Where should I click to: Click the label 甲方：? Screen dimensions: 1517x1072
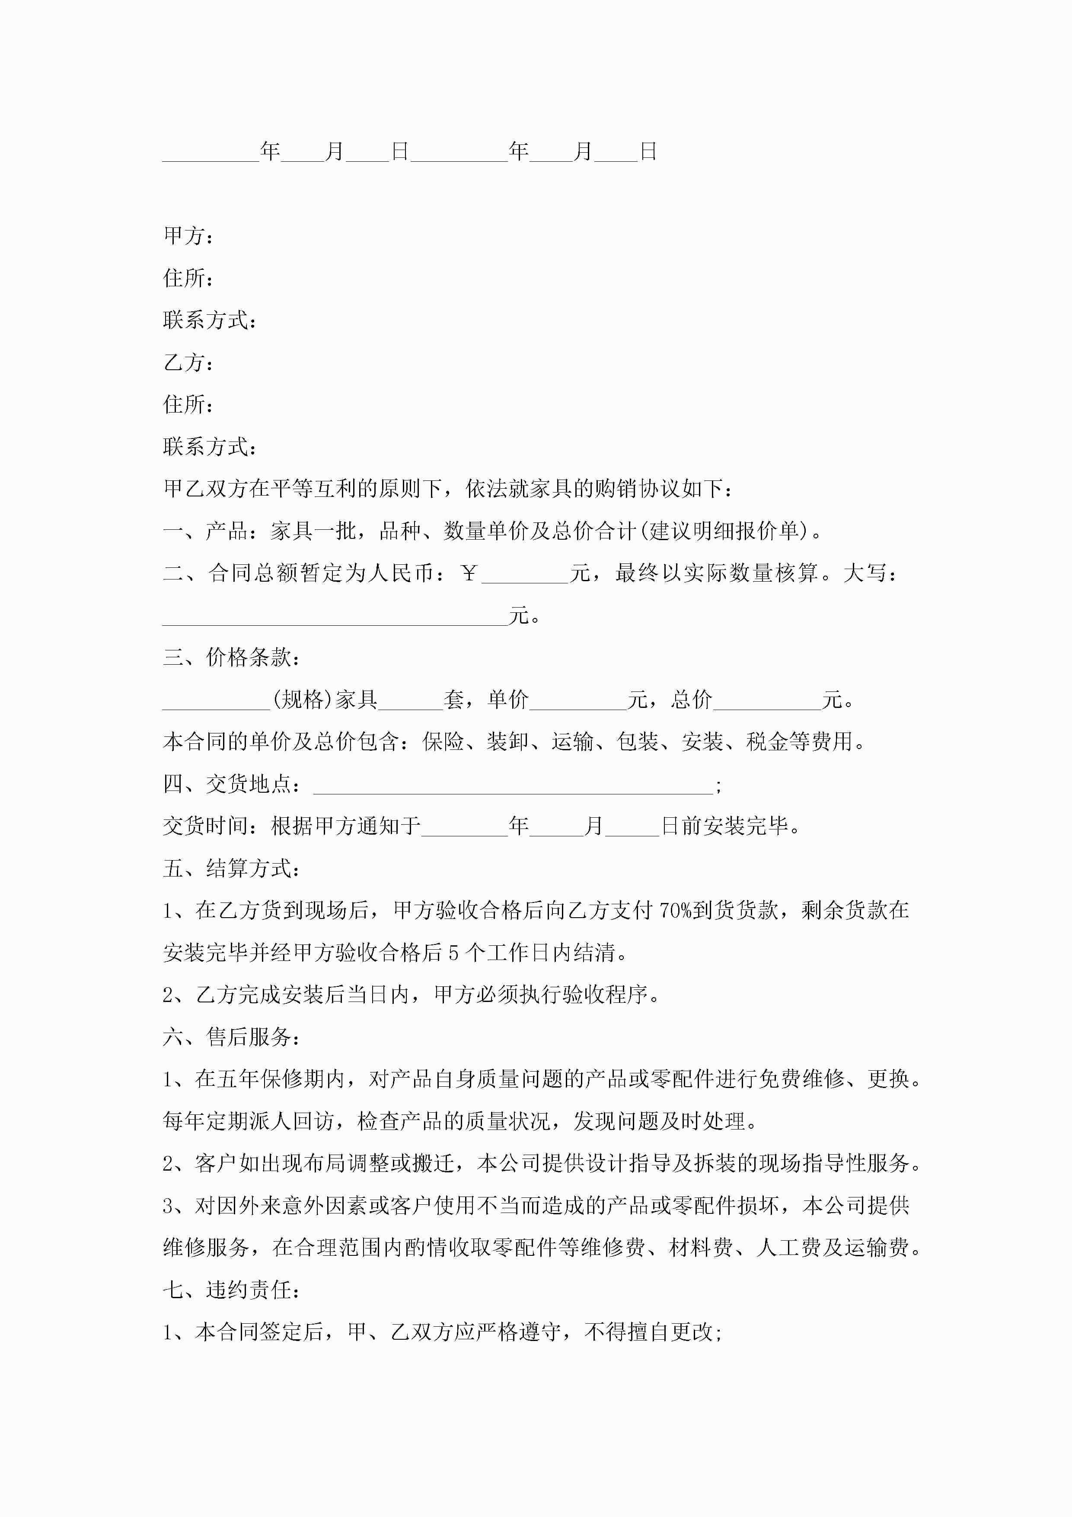point(188,235)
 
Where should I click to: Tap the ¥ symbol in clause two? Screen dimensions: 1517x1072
point(469,573)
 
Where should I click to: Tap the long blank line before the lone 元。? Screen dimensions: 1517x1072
point(335,616)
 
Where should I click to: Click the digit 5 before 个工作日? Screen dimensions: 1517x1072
point(453,953)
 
